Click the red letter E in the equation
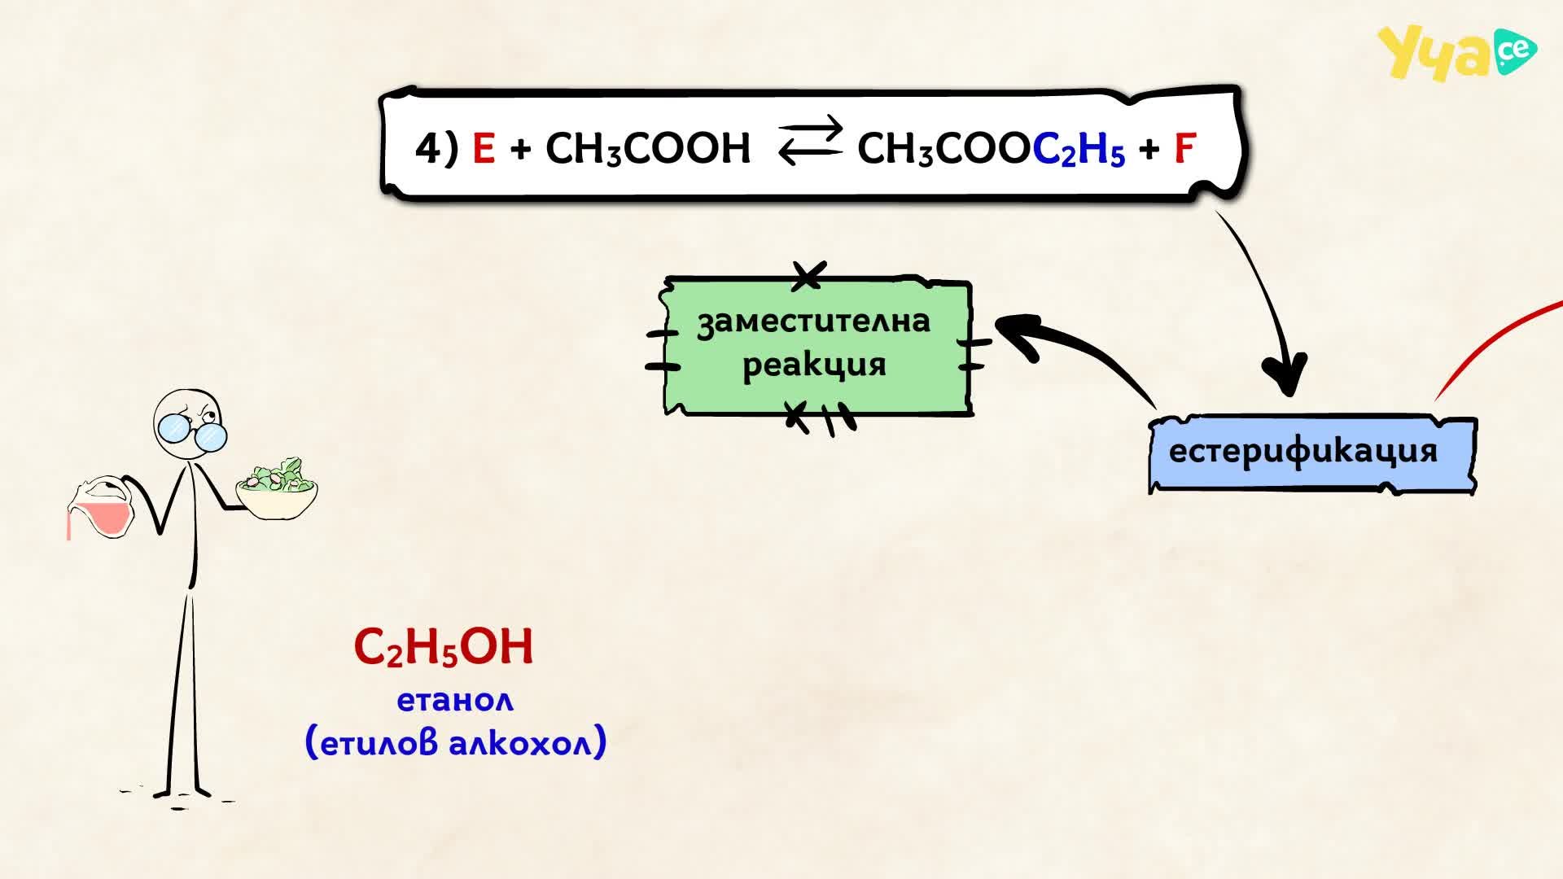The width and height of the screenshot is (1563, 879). (484, 148)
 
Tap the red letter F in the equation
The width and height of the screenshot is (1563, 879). (1184, 148)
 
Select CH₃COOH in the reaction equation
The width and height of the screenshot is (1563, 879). (648, 149)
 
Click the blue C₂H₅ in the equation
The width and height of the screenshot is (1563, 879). (1079, 149)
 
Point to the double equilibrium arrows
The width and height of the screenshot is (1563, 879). (810, 140)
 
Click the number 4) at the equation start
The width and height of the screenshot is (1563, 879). (437, 149)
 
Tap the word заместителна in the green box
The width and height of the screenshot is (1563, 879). (813, 321)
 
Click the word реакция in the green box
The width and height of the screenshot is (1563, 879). (814, 365)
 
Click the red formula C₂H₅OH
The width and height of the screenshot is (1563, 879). (444, 648)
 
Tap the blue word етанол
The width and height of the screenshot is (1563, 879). (455, 700)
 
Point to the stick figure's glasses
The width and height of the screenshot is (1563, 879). (192, 431)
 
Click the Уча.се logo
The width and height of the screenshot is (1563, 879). (1457, 54)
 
